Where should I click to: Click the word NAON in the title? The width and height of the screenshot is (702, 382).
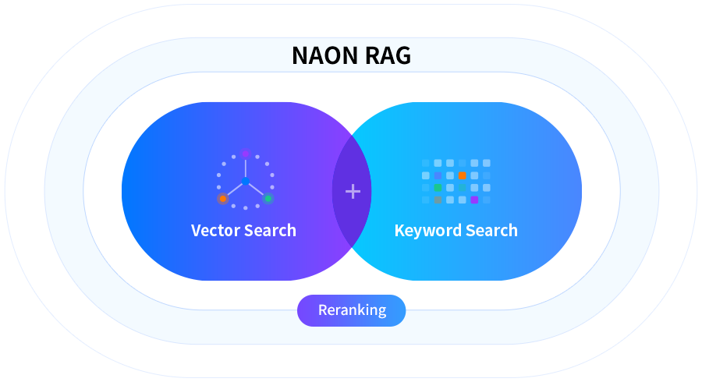pyautogui.click(x=325, y=55)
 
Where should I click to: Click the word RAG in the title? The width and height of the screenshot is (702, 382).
pyautogui.click(x=388, y=55)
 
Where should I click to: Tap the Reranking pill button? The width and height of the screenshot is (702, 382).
pyautogui.click(x=352, y=310)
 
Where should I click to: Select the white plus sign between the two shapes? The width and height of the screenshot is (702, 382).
pyautogui.click(x=353, y=192)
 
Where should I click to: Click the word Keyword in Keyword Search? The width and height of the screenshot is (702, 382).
pyautogui.click(x=427, y=230)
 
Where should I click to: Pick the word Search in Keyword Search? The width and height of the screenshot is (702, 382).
pyautogui.click(x=491, y=230)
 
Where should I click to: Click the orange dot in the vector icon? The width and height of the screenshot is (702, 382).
pyautogui.click(x=223, y=199)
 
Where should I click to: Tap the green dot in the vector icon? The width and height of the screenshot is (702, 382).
pyautogui.click(x=268, y=199)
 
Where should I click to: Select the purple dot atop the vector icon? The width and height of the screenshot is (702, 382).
pyautogui.click(x=246, y=154)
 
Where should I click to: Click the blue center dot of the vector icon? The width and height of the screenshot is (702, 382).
pyautogui.click(x=246, y=181)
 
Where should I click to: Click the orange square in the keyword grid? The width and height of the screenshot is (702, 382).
pyautogui.click(x=463, y=175)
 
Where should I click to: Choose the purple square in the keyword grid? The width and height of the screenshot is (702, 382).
pyautogui.click(x=474, y=200)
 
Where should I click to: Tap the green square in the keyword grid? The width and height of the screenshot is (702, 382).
pyautogui.click(x=438, y=188)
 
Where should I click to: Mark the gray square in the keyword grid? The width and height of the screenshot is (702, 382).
pyautogui.click(x=438, y=200)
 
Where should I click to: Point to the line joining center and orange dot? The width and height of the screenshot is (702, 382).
pyautogui.click(x=235, y=189)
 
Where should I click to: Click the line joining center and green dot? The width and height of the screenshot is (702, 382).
pyautogui.click(x=256, y=189)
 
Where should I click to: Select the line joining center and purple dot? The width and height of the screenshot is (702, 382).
pyautogui.click(x=246, y=168)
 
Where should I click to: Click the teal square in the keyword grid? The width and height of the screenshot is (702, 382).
pyautogui.click(x=463, y=188)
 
